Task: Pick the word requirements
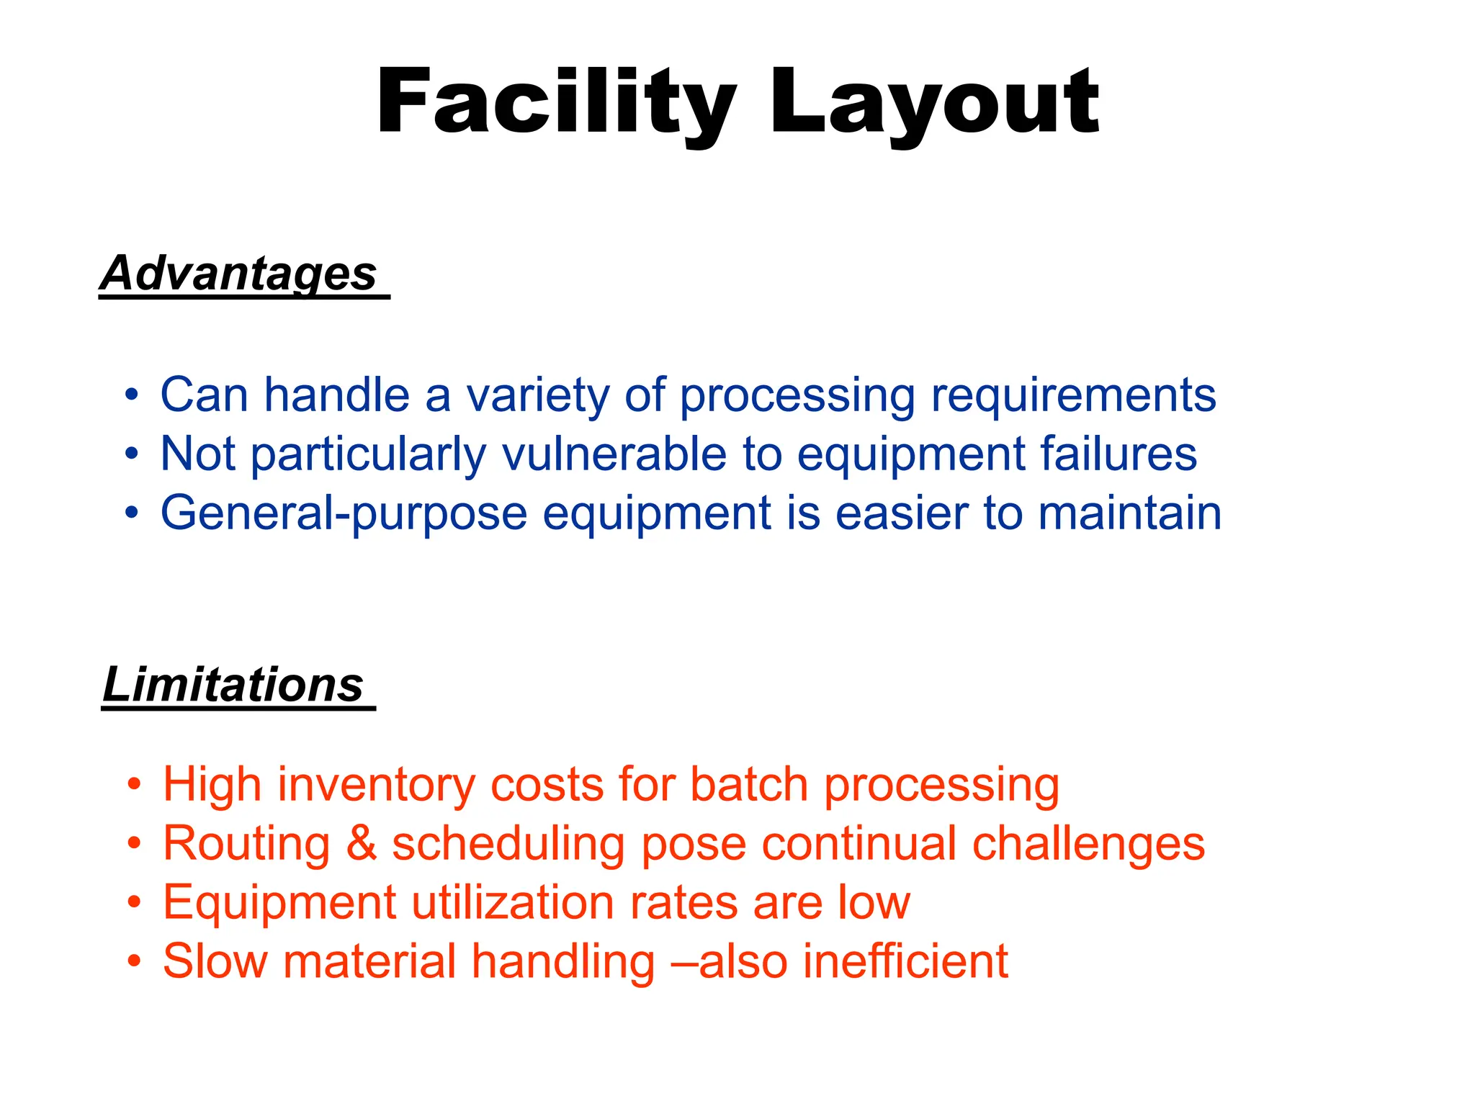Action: pyautogui.click(x=1073, y=395)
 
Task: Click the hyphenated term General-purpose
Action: pyautogui.click(x=344, y=513)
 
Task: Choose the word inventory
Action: pyautogui.click(x=376, y=784)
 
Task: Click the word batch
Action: pyautogui.click(x=749, y=784)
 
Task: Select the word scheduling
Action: pyautogui.click(x=508, y=843)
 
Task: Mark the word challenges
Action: pyautogui.click(x=1088, y=843)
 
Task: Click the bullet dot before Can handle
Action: pyautogui.click(x=131, y=395)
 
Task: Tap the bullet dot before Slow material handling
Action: pyautogui.click(x=134, y=961)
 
